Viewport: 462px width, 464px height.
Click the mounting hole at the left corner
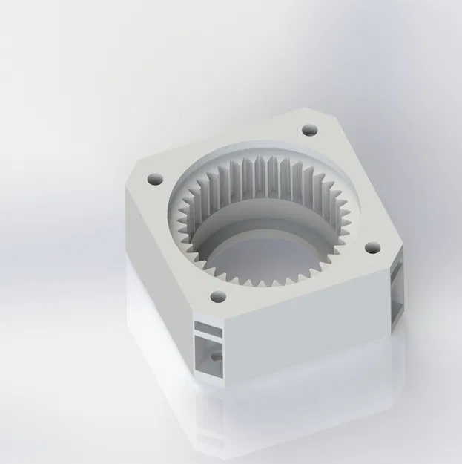(x=154, y=180)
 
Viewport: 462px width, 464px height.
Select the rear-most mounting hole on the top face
(x=308, y=131)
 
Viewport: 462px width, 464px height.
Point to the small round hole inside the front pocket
(x=216, y=356)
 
